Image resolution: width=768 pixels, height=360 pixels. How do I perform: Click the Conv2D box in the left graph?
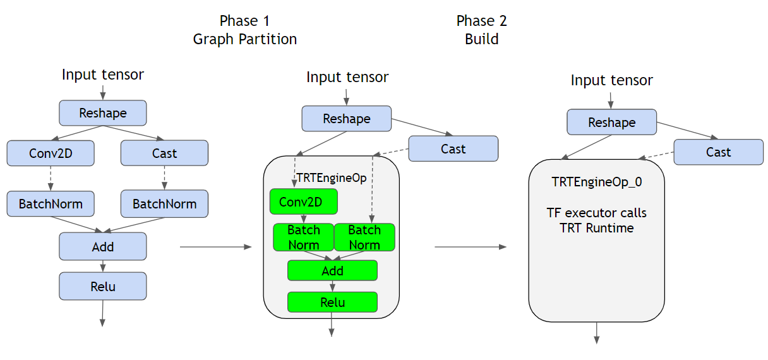51,153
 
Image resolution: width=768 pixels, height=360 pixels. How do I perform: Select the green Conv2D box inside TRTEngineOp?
303,201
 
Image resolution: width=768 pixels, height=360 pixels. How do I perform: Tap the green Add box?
332,270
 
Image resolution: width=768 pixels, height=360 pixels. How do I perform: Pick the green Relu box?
332,302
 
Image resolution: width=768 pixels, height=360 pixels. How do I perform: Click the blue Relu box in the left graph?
103,286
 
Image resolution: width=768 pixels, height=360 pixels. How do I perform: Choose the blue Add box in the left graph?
103,246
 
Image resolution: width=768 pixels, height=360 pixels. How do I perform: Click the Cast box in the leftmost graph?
164,153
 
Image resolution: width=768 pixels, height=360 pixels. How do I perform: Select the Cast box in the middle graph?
453,149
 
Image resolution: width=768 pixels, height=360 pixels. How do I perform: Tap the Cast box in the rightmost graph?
718,152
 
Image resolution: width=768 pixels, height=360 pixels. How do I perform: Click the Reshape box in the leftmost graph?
103,113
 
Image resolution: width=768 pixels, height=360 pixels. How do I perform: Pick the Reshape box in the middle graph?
346,119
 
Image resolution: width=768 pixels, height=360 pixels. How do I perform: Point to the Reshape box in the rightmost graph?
611,122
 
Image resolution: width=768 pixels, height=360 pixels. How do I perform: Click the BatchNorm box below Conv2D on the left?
51,204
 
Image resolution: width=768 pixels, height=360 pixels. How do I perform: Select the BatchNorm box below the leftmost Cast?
164,204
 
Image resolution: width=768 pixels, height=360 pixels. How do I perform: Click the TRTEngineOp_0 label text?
596,182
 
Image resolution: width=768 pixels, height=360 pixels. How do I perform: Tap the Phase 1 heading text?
244,21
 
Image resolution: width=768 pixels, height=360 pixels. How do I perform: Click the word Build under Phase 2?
481,39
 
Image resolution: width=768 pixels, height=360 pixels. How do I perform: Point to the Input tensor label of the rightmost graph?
611,81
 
